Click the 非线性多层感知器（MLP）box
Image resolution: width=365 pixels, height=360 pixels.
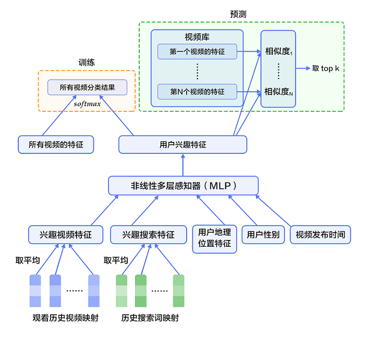(x=183, y=186)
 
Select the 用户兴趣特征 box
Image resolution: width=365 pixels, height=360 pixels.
(x=182, y=145)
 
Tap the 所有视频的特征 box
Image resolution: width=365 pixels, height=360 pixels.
(x=56, y=145)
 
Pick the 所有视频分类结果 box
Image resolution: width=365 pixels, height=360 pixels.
(x=87, y=87)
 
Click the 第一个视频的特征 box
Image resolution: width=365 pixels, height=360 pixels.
(x=197, y=51)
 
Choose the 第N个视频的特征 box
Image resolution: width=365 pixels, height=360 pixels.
(x=197, y=92)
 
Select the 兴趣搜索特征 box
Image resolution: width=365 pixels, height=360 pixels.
(x=149, y=235)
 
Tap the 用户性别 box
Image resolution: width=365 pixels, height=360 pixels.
(x=263, y=235)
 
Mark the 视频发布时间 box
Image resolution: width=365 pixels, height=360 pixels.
(x=321, y=235)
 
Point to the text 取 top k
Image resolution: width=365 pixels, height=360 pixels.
(x=326, y=68)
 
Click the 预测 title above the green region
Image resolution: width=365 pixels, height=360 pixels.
(x=238, y=14)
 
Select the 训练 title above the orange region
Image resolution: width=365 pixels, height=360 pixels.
(x=86, y=63)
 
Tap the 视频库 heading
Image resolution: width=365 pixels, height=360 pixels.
(x=197, y=38)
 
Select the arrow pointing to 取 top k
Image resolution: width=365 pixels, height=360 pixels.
(x=302, y=68)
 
